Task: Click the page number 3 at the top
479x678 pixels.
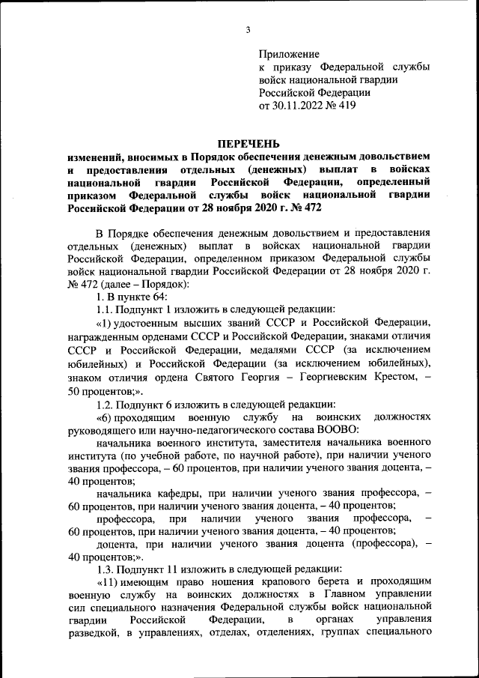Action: click(x=248, y=30)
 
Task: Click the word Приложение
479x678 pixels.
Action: click(x=289, y=55)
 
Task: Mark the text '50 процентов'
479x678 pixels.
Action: click(x=100, y=391)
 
